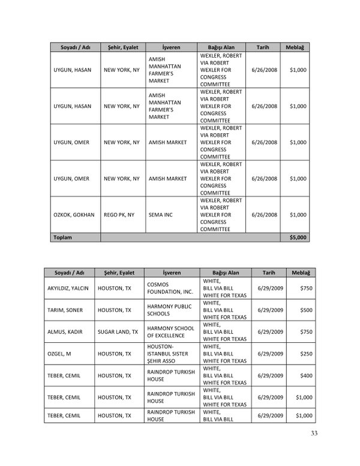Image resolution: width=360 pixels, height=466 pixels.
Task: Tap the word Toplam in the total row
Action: click(x=63, y=238)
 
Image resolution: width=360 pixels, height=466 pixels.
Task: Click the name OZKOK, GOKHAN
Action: click(x=71, y=214)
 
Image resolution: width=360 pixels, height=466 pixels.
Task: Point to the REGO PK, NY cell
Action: click(x=121, y=214)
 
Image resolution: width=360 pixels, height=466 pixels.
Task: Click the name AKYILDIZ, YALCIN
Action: click(x=68, y=288)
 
